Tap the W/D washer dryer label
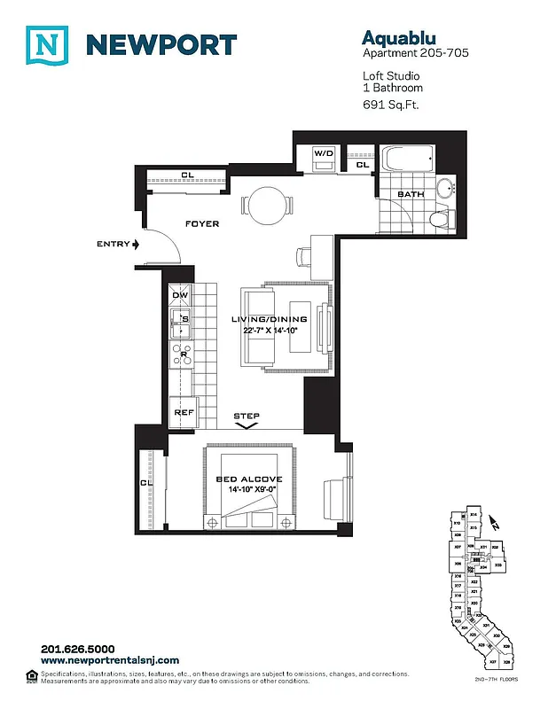325,154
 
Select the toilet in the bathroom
441,218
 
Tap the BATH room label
410,194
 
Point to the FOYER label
201,224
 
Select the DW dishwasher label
180,295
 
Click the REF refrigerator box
184,412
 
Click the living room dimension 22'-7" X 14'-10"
270,331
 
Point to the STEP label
247,416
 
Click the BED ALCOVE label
249,479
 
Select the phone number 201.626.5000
78,649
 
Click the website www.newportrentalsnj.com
110,660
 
